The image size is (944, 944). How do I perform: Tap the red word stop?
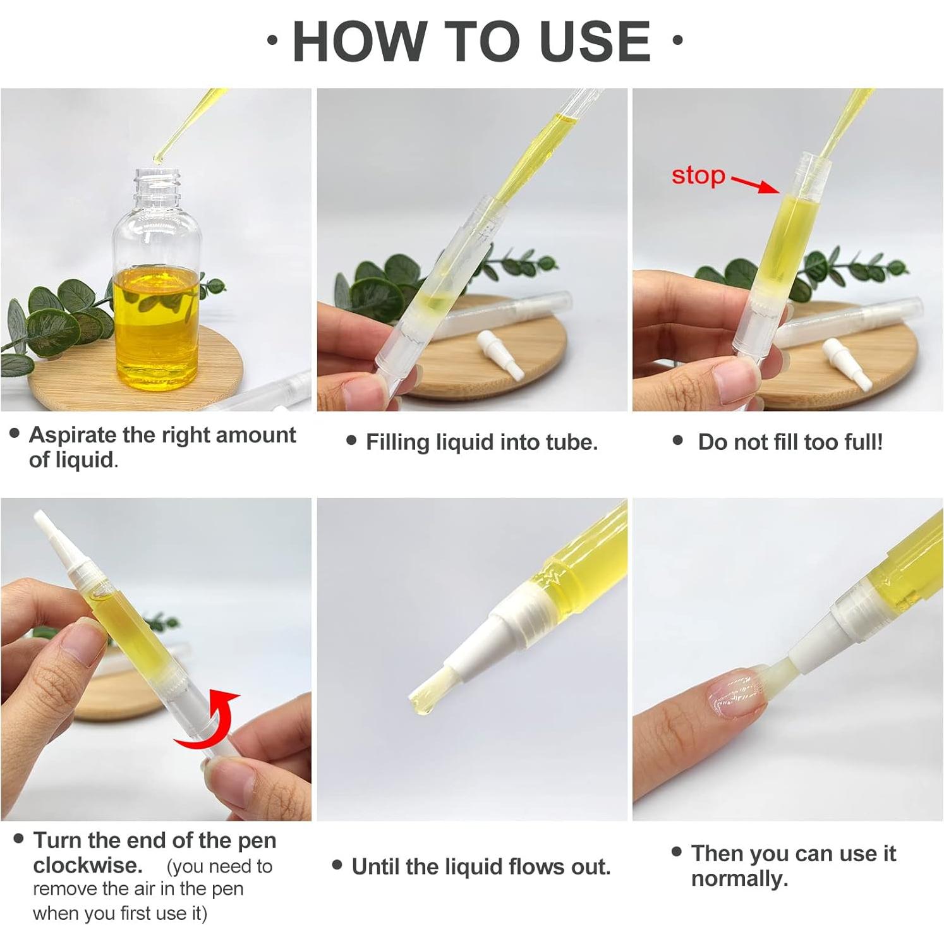[x=698, y=176]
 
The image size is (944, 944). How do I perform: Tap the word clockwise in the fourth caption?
[x=87, y=865]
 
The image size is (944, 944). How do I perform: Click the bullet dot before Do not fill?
[x=678, y=440]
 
